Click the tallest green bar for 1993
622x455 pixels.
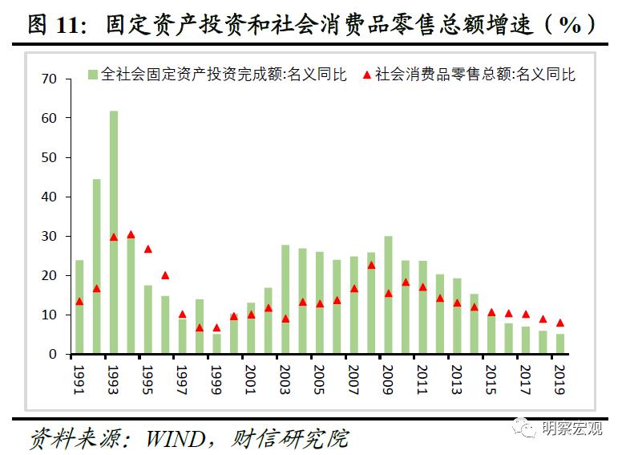pos(113,233)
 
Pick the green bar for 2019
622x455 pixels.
pos(560,343)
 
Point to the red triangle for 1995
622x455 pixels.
pos(147,250)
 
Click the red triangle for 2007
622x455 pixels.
pos(353,289)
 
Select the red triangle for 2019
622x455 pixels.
pos(560,323)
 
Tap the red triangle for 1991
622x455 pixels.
pos(79,302)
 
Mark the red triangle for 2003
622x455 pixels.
pos(285,319)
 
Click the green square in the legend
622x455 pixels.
pos(93,75)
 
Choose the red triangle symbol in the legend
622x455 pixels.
pos(366,75)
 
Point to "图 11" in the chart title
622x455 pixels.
pos(55,24)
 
